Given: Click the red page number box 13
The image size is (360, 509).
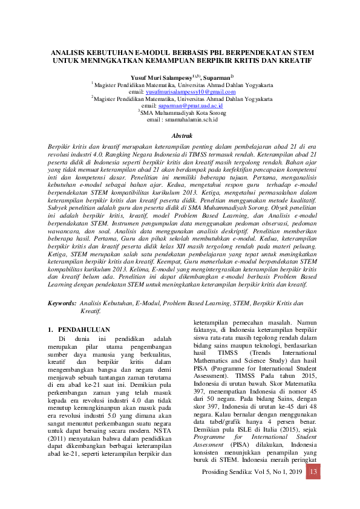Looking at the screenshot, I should click(x=312, y=472).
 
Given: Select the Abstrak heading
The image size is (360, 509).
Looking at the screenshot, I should click(x=182, y=136).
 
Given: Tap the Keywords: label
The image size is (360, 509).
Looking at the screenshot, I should click(x=62, y=302).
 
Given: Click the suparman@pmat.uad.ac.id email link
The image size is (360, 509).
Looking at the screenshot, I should click(x=194, y=105).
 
